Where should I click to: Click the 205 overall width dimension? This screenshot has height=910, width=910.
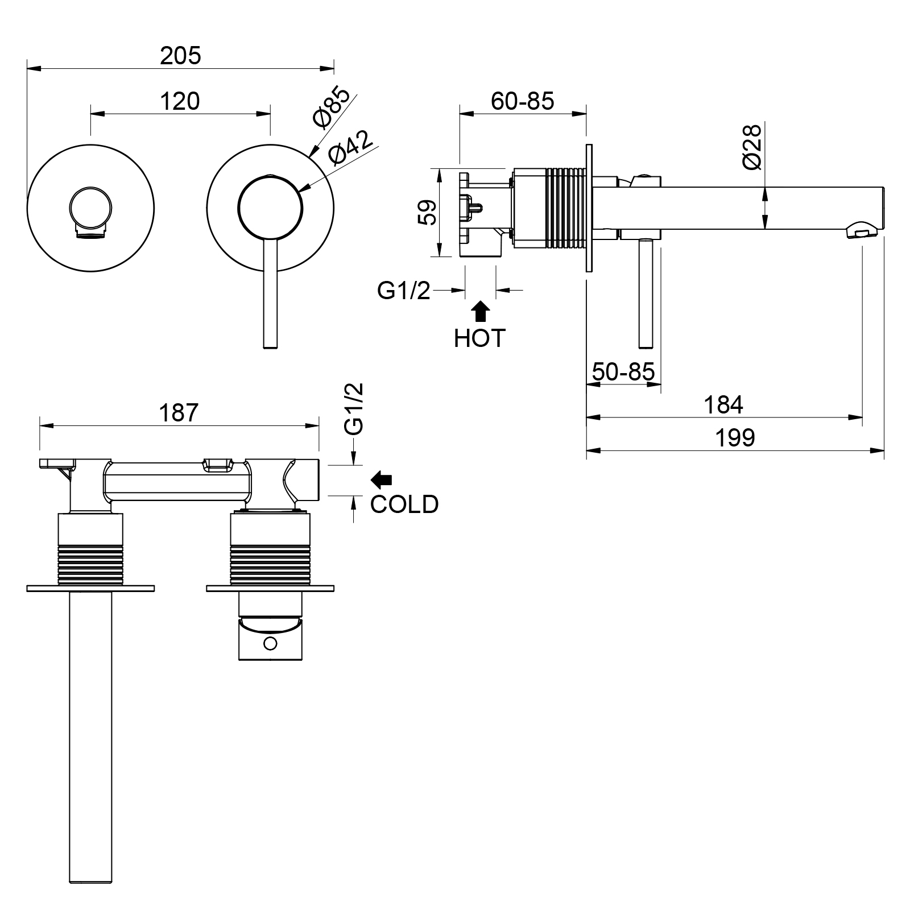pyautogui.click(x=180, y=56)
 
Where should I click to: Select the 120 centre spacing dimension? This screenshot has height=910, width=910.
pyautogui.click(x=180, y=102)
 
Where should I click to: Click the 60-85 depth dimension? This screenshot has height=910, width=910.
pyautogui.click(x=522, y=101)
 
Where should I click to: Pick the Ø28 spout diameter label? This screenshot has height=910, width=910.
pyautogui.click(x=751, y=146)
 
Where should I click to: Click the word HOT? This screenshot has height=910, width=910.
pyautogui.click(x=479, y=338)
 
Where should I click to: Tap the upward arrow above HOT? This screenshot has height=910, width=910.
pyautogui.click(x=481, y=312)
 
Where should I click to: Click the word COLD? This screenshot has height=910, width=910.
pyautogui.click(x=404, y=504)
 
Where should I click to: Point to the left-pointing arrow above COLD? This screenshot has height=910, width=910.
pyautogui.click(x=381, y=480)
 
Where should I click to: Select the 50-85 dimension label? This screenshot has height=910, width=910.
pyautogui.click(x=623, y=372)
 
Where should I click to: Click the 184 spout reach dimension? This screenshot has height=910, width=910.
pyautogui.click(x=723, y=405)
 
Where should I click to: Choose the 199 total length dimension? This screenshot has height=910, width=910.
pyautogui.click(x=735, y=438)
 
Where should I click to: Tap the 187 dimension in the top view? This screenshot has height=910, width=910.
pyautogui.click(x=179, y=413)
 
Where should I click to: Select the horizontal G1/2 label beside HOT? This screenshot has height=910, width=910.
pyautogui.click(x=404, y=291)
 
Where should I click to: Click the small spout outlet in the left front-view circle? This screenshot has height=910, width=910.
pyautogui.click(x=90, y=233)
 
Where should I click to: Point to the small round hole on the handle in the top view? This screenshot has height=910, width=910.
pyautogui.click(x=271, y=644)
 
